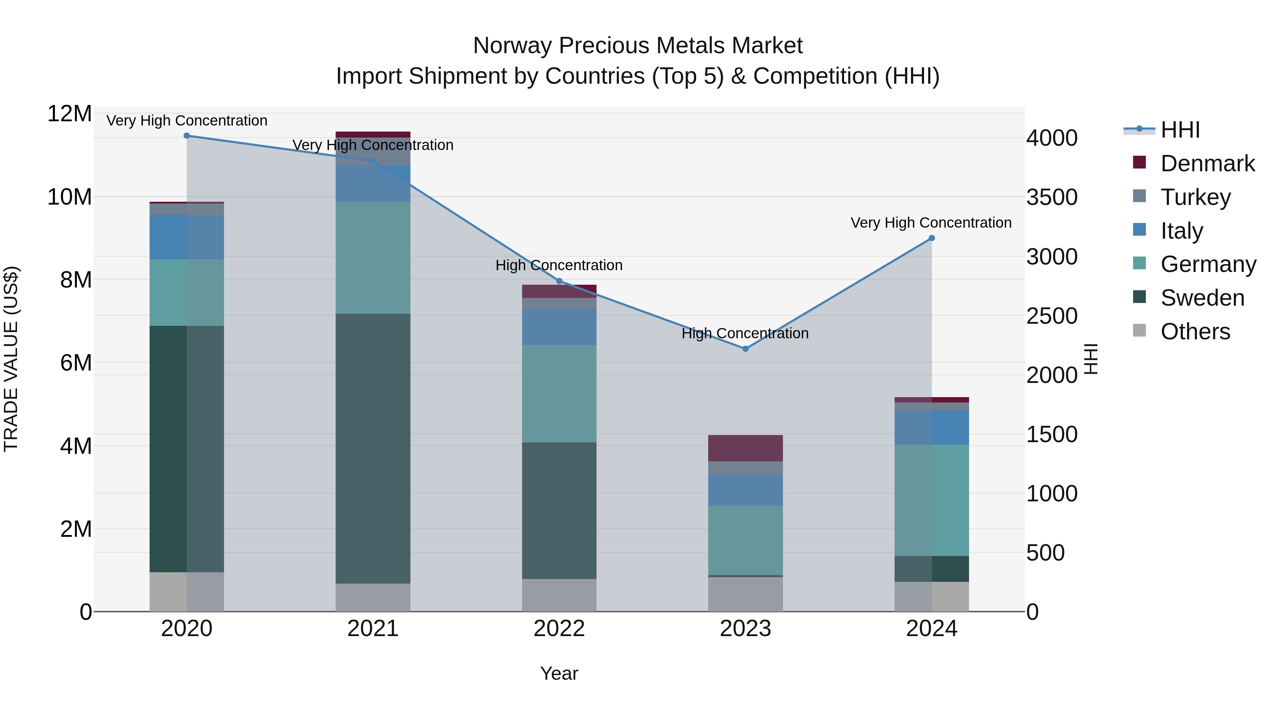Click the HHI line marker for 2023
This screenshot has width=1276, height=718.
tap(745, 349)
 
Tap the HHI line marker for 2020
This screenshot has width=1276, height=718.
tap(187, 136)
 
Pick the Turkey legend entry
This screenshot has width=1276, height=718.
tap(1195, 197)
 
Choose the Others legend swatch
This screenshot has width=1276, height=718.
tap(1139, 330)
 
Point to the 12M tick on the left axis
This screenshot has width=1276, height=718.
tap(69, 114)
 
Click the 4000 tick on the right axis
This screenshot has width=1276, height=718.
tap(1051, 138)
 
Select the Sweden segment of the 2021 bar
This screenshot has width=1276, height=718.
tap(373, 449)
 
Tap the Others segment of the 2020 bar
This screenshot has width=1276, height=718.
tap(187, 592)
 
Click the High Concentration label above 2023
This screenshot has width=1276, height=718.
tap(745, 334)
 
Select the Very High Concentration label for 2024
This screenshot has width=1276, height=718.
tap(931, 223)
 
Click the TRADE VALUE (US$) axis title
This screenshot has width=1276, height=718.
tap(11, 359)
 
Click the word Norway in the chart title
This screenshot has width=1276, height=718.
tap(512, 46)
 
